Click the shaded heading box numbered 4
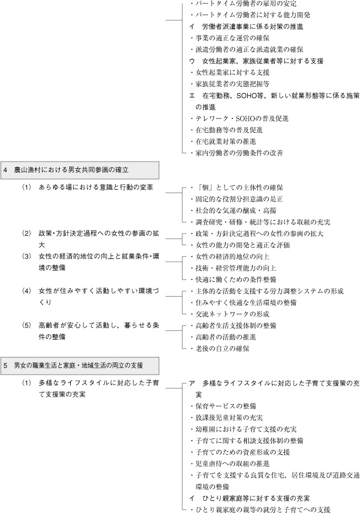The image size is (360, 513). click(x=80, y=170)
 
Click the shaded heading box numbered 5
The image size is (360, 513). click(x=80, y=365)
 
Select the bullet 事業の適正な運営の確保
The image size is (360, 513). click(x=230, y=38)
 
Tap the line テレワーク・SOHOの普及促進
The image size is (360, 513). click(x=239, y=118)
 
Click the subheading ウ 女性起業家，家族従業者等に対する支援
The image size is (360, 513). click(x=257, y=61)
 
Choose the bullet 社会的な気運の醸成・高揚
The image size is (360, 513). click(x=233, y=210)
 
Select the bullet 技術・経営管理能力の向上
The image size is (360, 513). click(x=233, y=268)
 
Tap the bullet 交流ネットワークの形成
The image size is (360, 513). click(x=230, y=314)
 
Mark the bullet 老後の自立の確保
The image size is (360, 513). click(x=220, y=349)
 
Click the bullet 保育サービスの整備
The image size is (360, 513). click(x=223, y=406)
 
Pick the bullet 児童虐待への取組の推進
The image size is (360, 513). click(x=230, y=464)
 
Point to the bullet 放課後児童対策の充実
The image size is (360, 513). click(x=227, y=417)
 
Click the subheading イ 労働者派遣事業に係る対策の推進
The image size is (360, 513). click(x=246, y=27)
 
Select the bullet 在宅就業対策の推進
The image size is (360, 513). click(x=223, y=141)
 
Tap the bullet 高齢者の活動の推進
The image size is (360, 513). click(x=223, y=337)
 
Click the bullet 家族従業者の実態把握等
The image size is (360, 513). click(x=230, y=84)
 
